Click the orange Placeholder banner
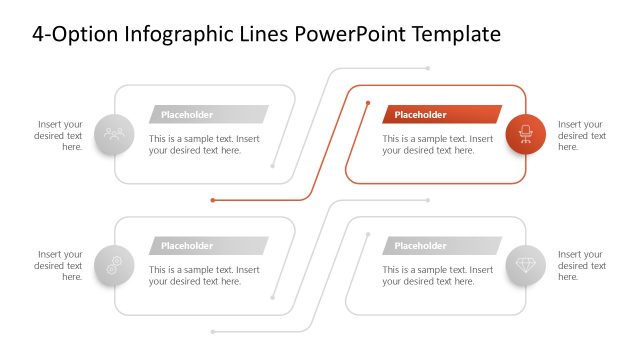click(x=441, y=114)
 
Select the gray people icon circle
click(x=114, y=135)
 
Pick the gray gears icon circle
click(x=114, y=266)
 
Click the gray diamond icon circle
click(x=525, y=266)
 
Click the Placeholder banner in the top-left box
click(x=208, y=114)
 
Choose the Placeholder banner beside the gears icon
click(x=208, y=246)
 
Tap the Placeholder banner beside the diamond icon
click(x=441, y=246)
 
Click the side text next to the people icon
click(x=60, y=136)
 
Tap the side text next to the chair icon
click(x=582, y=136)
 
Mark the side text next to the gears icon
click(x=60, y=266)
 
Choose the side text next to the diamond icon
click(x=582, y=266)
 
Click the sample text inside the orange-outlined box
click(x=437, y=145)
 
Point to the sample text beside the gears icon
click(x=204, y=276)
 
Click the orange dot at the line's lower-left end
click(x=213, y=200)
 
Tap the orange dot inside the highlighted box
click(x=368, y=103)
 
